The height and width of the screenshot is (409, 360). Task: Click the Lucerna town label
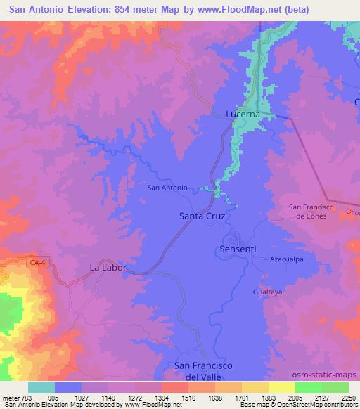pyautogui.click(x=243, y=114)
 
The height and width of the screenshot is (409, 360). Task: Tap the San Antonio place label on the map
pyautogui.click(x=167, y=188)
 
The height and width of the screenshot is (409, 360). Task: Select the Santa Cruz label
pyautogui.click(x=202, y=216)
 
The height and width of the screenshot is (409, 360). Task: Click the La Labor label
pyautogui.click(x=108, y=267)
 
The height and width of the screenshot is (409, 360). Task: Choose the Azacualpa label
pyautogui.click(x=286, y=259)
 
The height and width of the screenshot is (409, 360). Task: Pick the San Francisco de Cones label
pyautogui.click(x=309, y=211)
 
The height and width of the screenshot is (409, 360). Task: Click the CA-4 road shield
pyautogui.click(x=38, y=263)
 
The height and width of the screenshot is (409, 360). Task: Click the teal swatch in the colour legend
pyautogui.click(x=41, y=387)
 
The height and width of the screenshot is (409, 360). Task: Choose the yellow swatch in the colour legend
pyautogui.click(x=281, y=387)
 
